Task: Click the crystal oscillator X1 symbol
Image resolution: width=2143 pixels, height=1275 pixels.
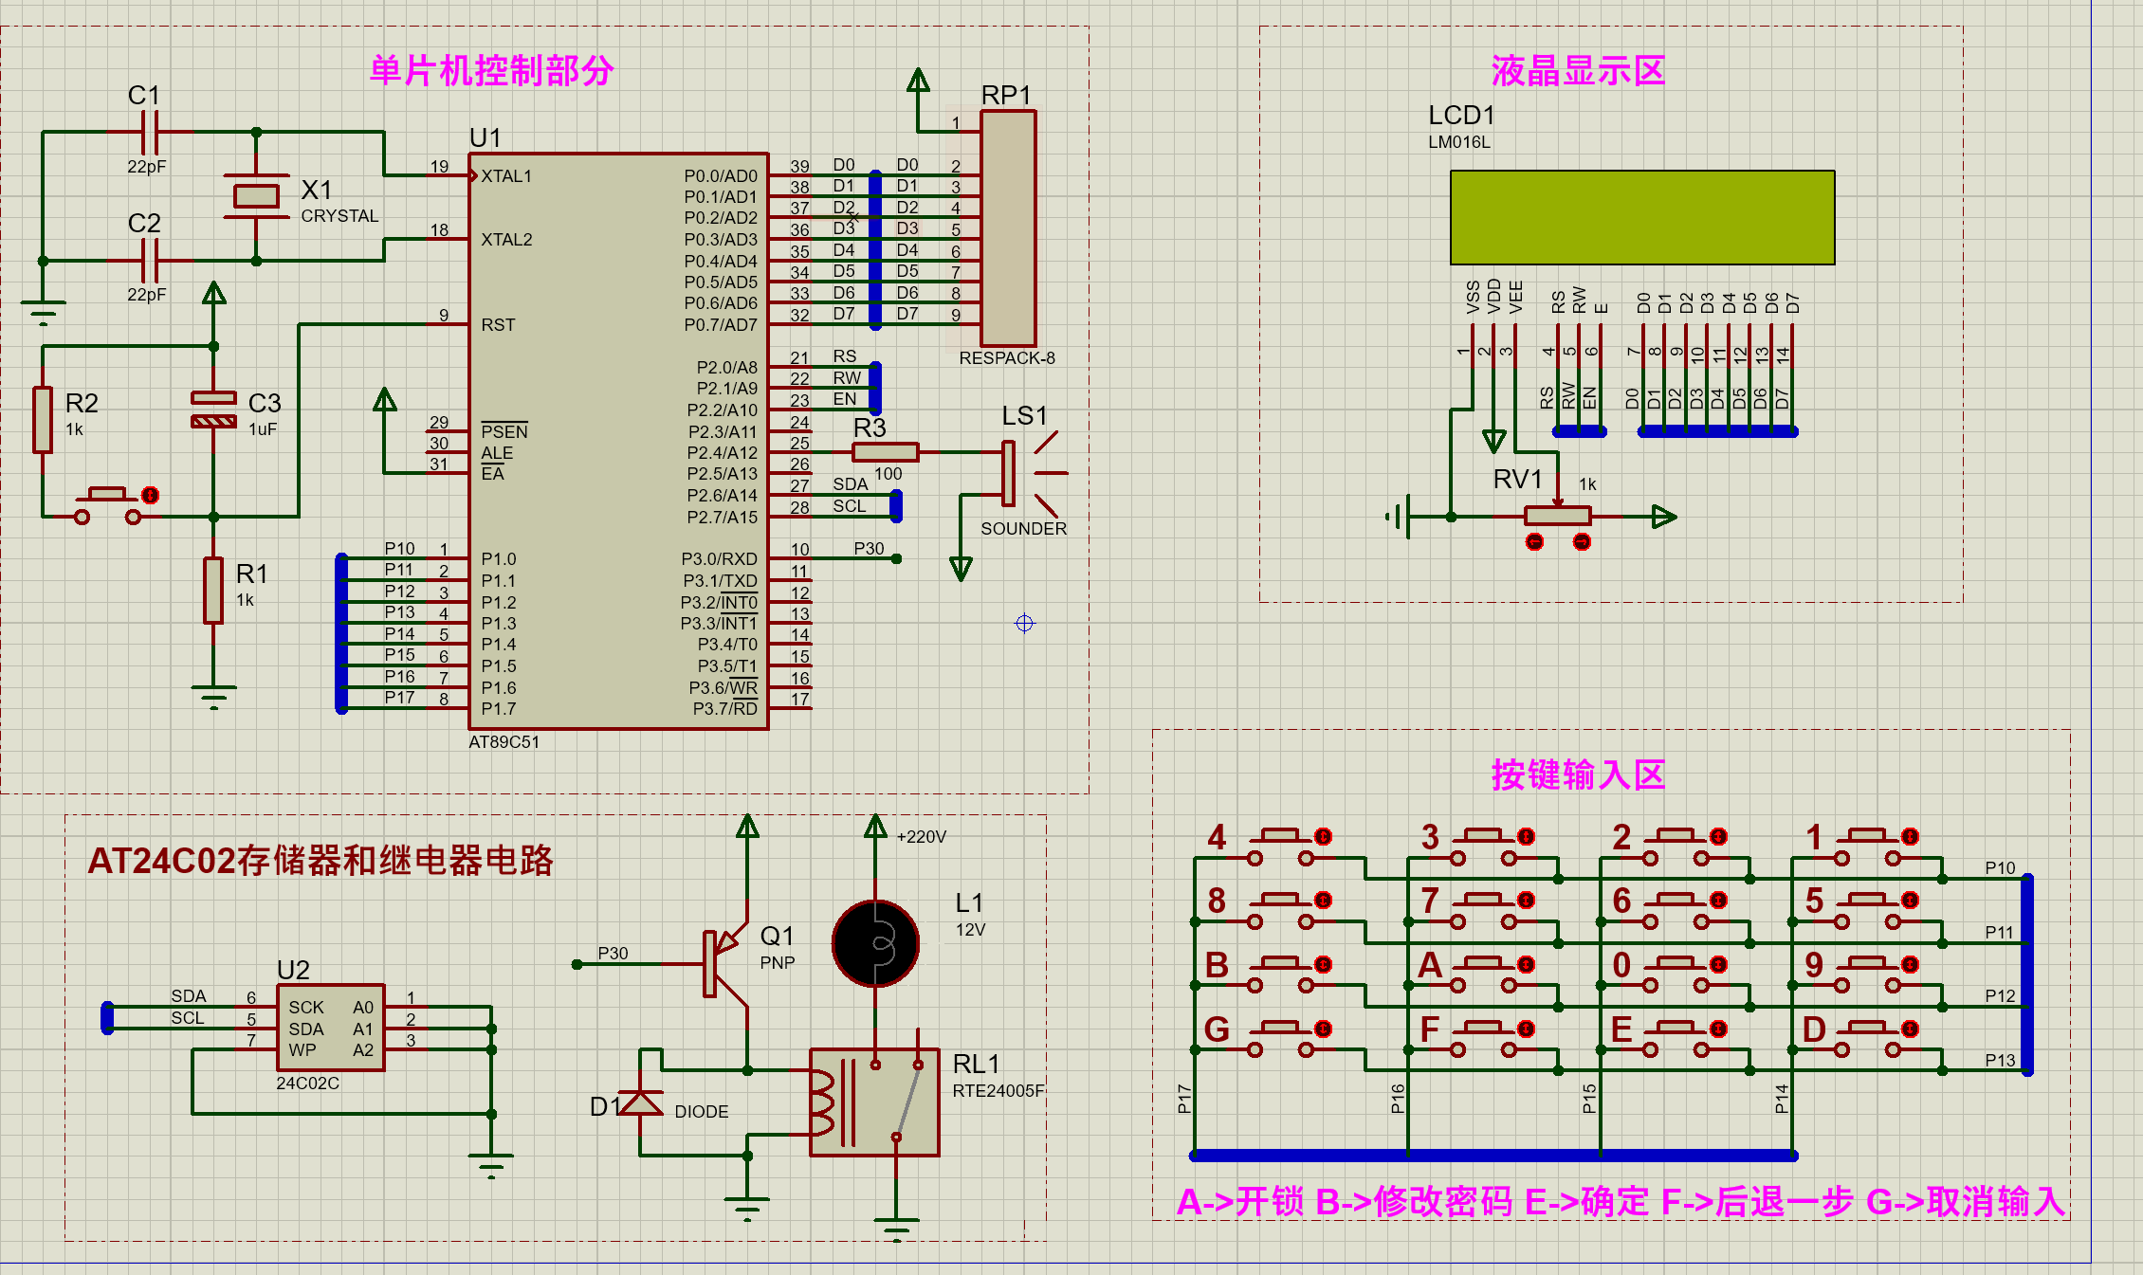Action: (256, 196)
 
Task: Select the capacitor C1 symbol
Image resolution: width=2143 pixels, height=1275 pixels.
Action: (150, 132)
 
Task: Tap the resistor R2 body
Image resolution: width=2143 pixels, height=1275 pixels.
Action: (43, 419)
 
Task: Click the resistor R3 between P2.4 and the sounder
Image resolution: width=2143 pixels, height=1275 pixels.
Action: (885, 452)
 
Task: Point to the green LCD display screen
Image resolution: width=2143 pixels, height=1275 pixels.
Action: (1641, 217)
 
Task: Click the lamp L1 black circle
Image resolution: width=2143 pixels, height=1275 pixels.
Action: (875, 943)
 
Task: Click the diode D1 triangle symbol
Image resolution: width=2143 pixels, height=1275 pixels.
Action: (641, 1103)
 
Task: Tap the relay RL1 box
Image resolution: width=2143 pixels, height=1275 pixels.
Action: (874, 1102)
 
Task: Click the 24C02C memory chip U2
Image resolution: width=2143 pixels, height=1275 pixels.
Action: (330, 1028)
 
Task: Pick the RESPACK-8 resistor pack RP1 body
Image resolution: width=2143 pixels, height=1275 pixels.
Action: (1008, 228)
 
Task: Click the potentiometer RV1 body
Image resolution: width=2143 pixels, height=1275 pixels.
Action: (1557, 517)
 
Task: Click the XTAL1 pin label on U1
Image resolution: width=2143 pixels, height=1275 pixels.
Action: (506, 176)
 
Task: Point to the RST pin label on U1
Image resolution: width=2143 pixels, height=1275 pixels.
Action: (498, 325)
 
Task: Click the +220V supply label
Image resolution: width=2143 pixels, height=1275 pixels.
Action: (921, 837)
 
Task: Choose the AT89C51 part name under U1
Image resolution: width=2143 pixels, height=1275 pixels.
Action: (504, 742)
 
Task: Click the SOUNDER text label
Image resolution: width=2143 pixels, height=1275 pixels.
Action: (1023, 529)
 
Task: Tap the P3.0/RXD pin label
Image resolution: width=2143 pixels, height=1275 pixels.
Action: (719, 559)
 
